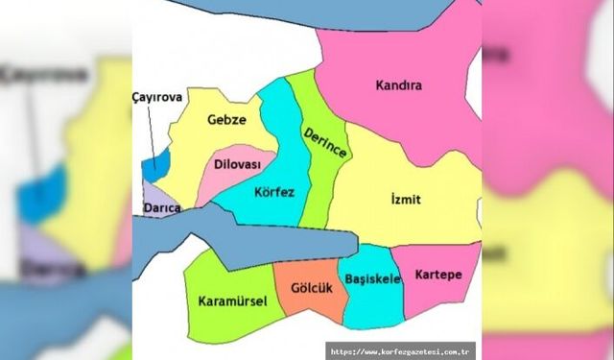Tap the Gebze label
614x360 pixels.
point(227,120)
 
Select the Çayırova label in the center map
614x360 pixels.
point(154,97)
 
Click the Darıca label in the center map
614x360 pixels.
point(161,208)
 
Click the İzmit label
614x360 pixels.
point(407,200)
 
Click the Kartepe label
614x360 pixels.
point(438,275)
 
